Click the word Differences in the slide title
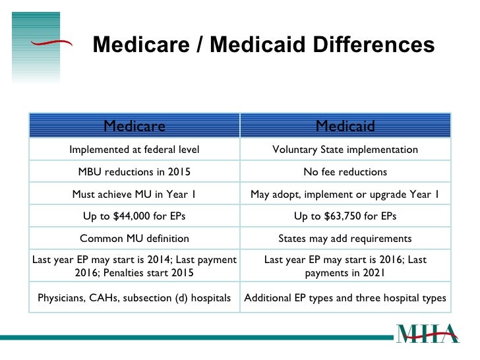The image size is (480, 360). (374, 45)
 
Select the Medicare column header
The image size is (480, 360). (135, 125)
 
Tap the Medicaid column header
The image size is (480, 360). (345, 125)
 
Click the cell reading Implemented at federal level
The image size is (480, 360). (135, 150)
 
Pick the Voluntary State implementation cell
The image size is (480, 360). (345, 150)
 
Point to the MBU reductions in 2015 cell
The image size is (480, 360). (135, 171)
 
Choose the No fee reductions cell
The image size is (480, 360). (345, 171)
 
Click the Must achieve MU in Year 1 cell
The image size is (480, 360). (135, 194)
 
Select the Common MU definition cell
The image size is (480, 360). (135, 239)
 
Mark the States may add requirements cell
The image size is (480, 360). (345, 239)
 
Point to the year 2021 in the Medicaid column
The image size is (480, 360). (374, 272)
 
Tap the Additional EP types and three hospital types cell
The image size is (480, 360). (345, 297)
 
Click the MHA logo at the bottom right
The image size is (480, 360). (428, 334)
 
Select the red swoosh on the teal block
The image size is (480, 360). (51, 43)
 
